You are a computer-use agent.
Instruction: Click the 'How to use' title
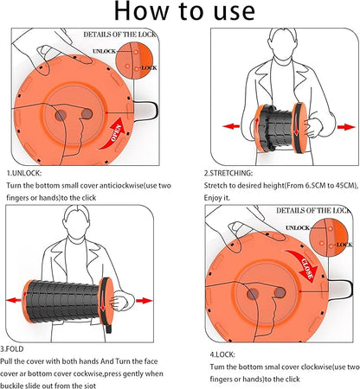(x=184, y=11)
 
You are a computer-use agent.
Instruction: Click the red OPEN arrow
(x=115, y=135)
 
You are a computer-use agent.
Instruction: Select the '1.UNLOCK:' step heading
(x=24, y=173)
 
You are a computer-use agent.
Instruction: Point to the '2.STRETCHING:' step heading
(x=228, y=173)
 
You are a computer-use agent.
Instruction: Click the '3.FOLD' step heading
(x=12, y=349)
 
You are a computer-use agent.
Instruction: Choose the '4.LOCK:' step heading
(x=222, y=354)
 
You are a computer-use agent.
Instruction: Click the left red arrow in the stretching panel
(x=231, y=126)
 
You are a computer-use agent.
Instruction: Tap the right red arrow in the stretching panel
(x=346, y=127)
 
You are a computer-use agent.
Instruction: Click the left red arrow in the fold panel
(x=14, y=300)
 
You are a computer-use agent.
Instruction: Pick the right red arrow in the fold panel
(x=144, y=301)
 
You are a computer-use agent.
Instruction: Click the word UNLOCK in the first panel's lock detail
(x=104, y=51)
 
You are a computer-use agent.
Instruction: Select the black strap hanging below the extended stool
(x=109, y=328)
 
